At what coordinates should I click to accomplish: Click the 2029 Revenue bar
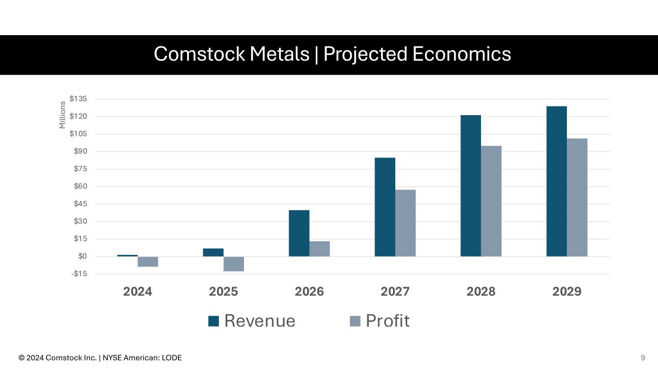tap(556, 181)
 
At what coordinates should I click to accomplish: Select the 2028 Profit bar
tap(491, 201)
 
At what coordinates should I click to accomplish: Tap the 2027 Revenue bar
tap(385, 207)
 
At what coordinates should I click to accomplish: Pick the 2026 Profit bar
tap(320, 249)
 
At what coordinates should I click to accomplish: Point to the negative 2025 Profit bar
tap(234, 264)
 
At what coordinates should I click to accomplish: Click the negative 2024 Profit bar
tap(148, 262)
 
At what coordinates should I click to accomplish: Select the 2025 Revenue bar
tap(213, 252)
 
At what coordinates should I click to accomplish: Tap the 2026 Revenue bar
tap(299, 233)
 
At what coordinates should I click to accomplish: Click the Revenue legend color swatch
tap(214, 321)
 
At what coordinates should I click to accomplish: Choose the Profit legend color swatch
tap(355, 321)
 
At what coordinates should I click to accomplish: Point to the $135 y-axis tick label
tap(78, 99)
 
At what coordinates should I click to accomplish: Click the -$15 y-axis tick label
tap(79, 274)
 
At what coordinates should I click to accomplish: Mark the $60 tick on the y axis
tap(80, 186)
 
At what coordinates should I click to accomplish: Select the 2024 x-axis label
tap(138, 291)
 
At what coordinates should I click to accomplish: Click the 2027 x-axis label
tap(395, 291)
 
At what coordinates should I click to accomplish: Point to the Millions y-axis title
tap(62, 115)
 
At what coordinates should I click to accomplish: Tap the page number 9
tap(643, 357)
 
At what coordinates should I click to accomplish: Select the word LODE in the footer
tap(172, 358)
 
